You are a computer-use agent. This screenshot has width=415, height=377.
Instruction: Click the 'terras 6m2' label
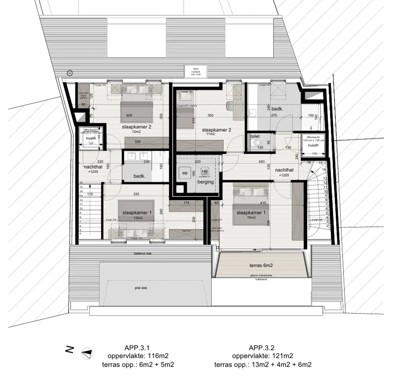click(x=261, y=265)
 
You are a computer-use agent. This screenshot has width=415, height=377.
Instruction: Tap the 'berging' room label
click(x=206, y=182)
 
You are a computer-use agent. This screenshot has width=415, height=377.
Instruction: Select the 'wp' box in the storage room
click(x=185, y=173)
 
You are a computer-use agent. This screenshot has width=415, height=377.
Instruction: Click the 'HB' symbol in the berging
click(x=205, y=171)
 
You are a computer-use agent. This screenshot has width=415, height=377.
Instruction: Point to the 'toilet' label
click(x=255, y=136)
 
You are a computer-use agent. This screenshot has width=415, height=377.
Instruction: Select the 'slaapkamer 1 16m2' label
click(x=251, y=215)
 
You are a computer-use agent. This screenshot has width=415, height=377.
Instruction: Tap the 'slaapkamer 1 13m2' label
click(x=137, y=215)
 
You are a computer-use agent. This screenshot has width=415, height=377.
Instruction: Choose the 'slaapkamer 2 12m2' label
click(x=137, y=129)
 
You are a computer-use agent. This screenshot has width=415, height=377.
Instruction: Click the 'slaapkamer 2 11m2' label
click(x=217, y=131)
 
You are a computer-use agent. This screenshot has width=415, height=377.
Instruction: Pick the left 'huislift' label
click(x=91, y=138)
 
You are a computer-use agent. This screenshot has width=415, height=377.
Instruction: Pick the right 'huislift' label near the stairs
click(x=313, y=145)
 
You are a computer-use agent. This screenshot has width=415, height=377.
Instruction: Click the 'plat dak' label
click(x=141, y=288)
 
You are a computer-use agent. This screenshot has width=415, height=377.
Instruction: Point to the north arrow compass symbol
click(x=87, y=354)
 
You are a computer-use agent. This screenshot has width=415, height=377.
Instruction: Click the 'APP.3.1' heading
click(x=137, y=348)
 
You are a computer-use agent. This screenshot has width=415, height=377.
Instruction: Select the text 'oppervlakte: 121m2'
click(x=263, y=356)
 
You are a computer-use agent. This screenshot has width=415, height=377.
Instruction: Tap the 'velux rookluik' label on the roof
click(x=196, y=72)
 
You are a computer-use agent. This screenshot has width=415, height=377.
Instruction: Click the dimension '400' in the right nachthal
click(x=262, y=161)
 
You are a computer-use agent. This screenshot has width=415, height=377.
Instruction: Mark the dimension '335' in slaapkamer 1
click(x=136, y=194)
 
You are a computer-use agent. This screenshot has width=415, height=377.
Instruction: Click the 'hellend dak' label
click(x=142, y=253)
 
